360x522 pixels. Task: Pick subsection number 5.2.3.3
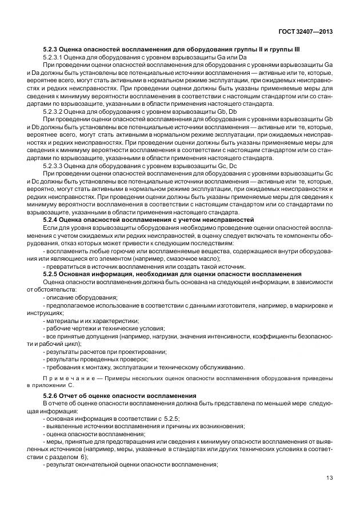click(x=55, y=166)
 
